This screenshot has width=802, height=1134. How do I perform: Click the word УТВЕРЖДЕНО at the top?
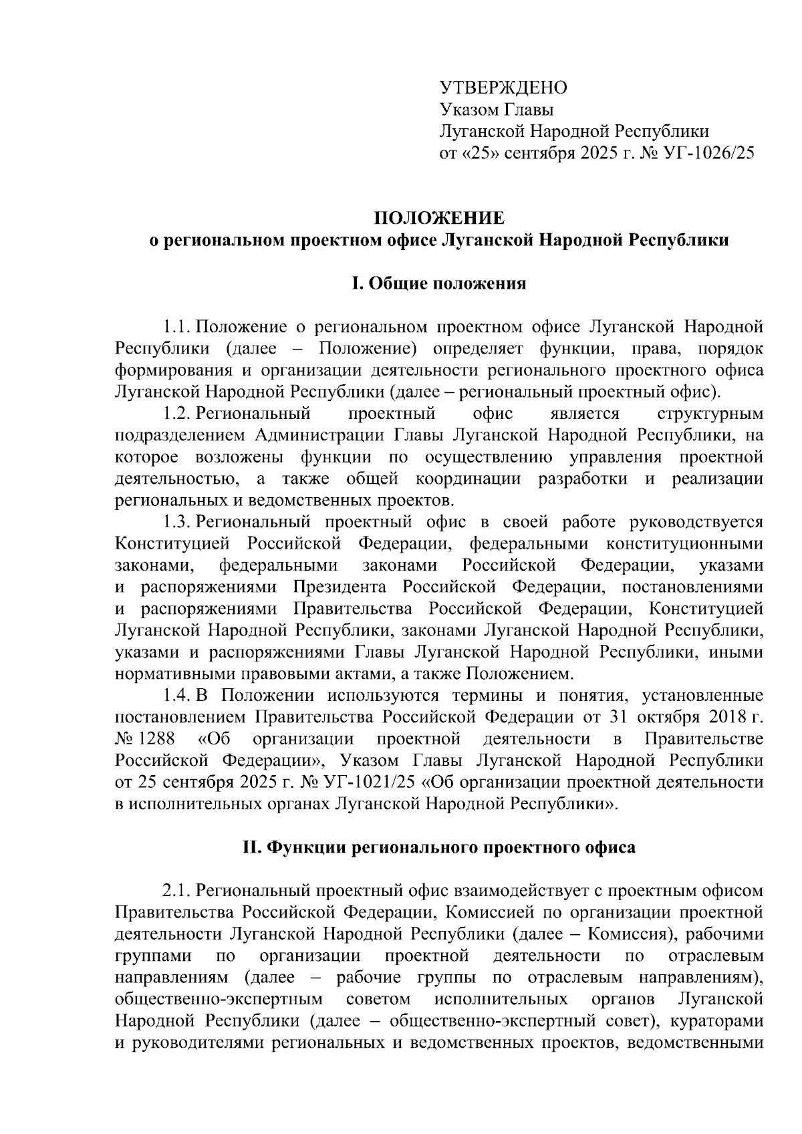503,88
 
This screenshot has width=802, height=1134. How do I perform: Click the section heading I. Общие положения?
438,284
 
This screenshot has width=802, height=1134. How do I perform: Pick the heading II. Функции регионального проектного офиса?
438,848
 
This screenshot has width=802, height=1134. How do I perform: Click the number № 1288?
145,739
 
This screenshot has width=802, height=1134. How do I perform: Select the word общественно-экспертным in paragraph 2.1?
219,1000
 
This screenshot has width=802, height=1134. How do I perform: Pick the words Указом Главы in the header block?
496,110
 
